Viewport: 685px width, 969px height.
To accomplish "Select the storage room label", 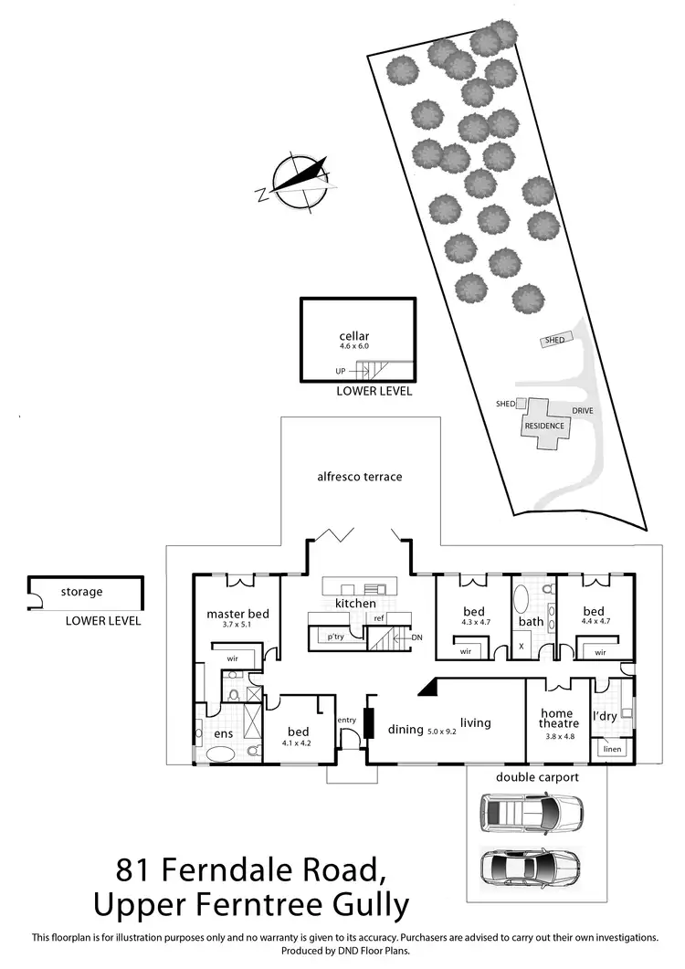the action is pos(81,592).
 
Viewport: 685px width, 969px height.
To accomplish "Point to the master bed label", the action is pos(237,614).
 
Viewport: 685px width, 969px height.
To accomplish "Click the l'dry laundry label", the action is pos(606,716).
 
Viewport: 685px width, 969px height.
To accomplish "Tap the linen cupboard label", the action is pos(612,751).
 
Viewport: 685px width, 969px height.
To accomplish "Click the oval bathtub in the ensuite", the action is pos(222,755).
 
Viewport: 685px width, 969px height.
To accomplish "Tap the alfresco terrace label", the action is pos(359,477).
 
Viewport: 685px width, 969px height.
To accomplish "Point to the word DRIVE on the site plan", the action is pos(583,411).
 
